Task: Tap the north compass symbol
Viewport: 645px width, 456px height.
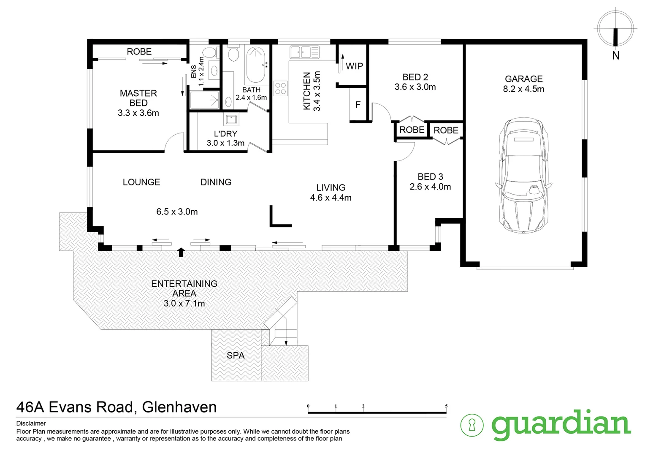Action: [x=615, y=30]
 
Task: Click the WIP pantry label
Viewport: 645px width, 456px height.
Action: [x=354, y=66]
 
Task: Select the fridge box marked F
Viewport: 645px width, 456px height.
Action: [x=358, y=104]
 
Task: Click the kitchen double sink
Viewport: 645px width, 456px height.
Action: [x=304, y=52]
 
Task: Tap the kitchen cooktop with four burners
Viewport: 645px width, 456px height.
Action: [x=281, y=88]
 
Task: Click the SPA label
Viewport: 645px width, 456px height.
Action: [x=236, y=356]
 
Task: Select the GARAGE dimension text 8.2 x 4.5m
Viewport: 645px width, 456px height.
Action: [x=523, y=89]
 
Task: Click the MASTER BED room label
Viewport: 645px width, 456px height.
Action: [x=138, y=98]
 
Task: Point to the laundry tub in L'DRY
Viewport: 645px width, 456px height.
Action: [x=231, y=119]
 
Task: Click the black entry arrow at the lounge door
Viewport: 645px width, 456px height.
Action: [x=181, y=252]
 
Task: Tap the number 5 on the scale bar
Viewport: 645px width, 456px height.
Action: [x=446, y=406]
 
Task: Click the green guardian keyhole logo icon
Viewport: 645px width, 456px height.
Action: [x=472, y=425]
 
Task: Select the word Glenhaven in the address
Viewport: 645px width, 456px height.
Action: [x=179, y=407]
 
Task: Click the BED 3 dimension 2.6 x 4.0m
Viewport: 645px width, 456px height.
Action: [x=430, y=187]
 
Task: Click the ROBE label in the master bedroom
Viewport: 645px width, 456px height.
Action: [x=139, y=52]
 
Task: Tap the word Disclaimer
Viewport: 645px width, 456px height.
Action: [x=31, y=423]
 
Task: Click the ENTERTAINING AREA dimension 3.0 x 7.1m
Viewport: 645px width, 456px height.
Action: [x=184, y=303]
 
